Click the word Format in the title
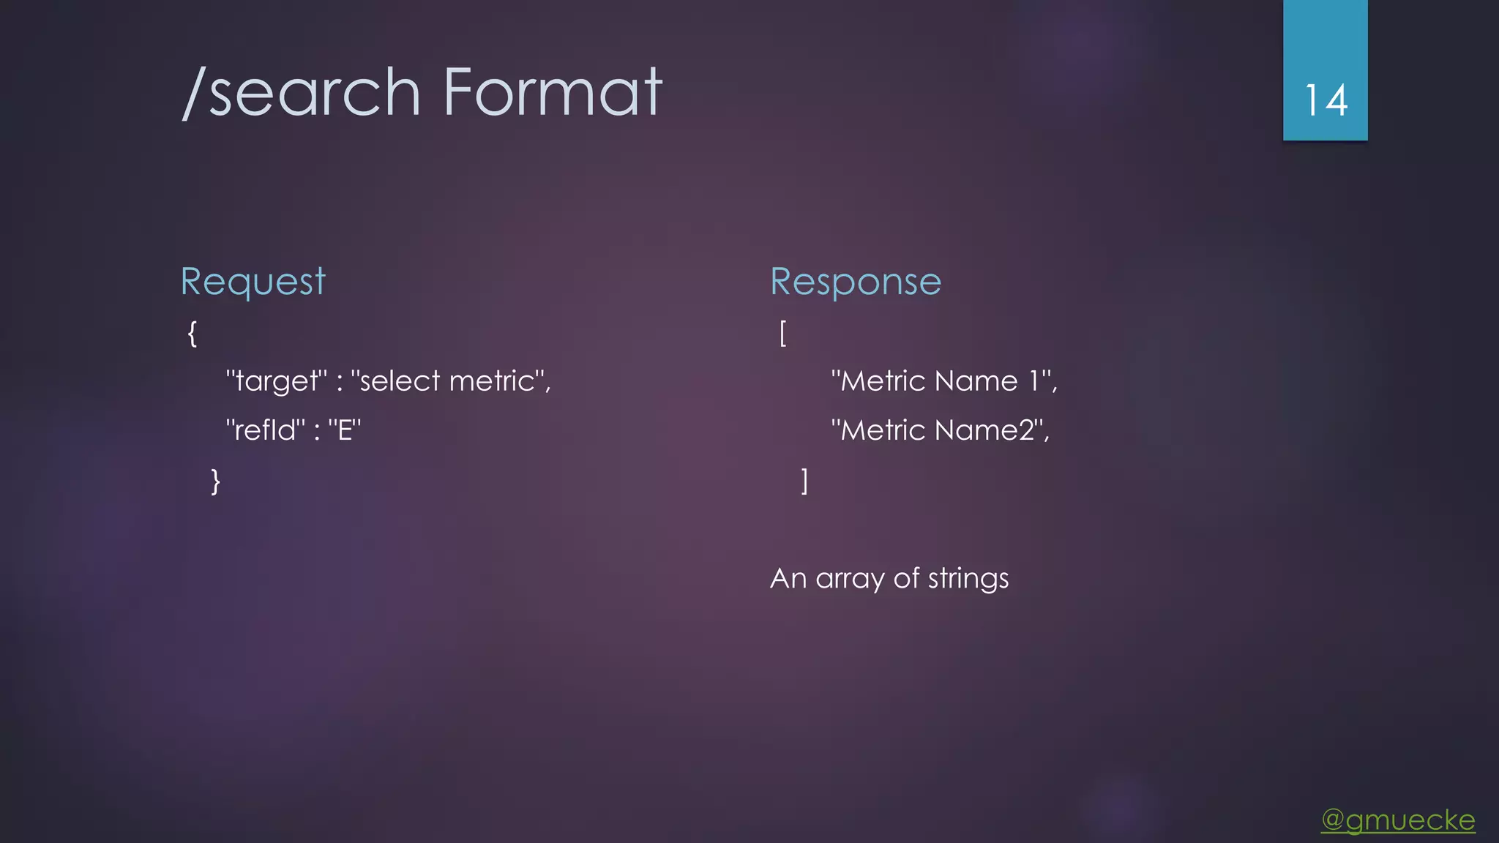point(553,92)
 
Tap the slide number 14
point(1326,100)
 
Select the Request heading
point(253,282)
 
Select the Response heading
point(856,282)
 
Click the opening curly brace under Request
point(192,334)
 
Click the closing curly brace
point(215,482)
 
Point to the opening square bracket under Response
point(783,334)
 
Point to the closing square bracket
point(804,482)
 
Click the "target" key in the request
point(277,381)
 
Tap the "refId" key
point(266,430)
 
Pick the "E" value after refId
point(345,430)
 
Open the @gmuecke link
point(1398,820)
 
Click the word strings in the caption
point(968,579)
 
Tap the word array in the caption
point(850,579)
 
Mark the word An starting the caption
point(788,579)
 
